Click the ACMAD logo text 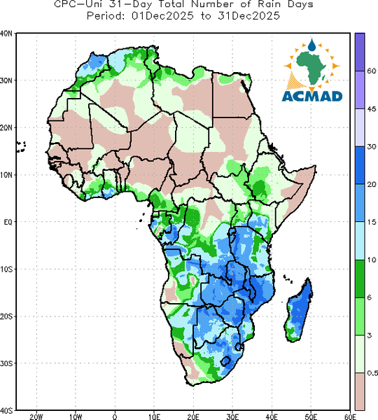[x=312, y=97]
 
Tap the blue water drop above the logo [x=311, y=45]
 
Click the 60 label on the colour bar [x=372, y=71]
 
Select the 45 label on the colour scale [x=372, y=108]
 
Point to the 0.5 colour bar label [x=372, y=373]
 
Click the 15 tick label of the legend [x=372, y=222]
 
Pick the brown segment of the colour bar [x=360, y=391]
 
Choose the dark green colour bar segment [x=360, y=279]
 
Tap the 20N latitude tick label [x=6, y=127]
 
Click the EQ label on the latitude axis [x=8, y=222]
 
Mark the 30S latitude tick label [x=6, y=363]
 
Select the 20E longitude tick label [x=193, y=416]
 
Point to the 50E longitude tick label [x=311, y=416]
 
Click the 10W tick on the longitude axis [x=76, y=416]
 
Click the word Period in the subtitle [x=106, y=16]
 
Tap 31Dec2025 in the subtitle [x=249, y=16]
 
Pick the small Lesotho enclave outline [x=225, y=361]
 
